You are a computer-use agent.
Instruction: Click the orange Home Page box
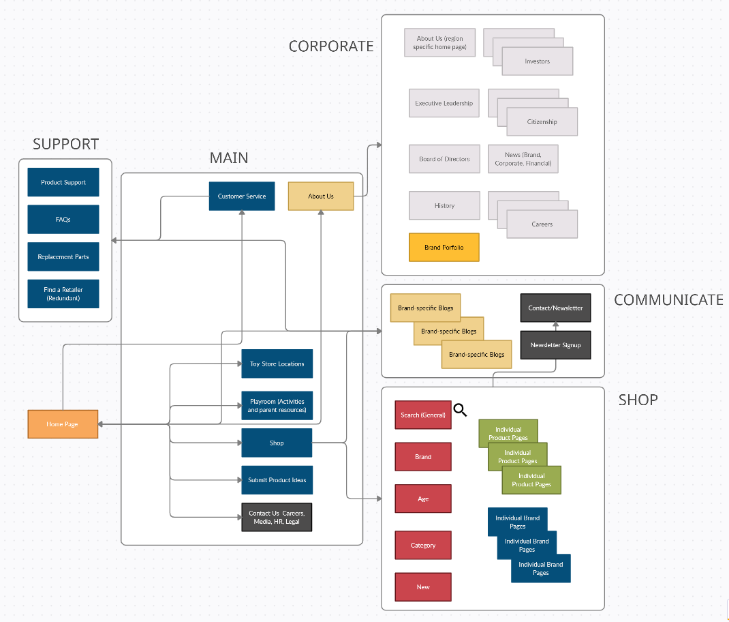point(63,424)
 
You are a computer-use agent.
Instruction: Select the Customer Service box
point(242,196)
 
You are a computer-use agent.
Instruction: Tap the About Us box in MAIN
point(321,196)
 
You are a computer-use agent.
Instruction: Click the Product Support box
point(63,183)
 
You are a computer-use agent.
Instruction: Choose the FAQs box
point(63,220)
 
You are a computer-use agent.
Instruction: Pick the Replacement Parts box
point(63,257)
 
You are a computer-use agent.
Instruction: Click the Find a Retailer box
point(63,294)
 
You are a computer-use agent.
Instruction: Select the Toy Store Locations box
point(277,364)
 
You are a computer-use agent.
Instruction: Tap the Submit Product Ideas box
point(277,480)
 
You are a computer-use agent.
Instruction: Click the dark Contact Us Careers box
point(277,517)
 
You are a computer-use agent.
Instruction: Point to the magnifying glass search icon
point(461,410)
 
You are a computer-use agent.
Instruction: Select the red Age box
point(423,499)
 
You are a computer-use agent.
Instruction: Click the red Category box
point(423,546)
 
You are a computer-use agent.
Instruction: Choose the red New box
point(423,587)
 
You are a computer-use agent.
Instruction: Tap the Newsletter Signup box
point(555,345)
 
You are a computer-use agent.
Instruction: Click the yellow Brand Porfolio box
point(444,248)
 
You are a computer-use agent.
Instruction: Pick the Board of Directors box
point(444,159)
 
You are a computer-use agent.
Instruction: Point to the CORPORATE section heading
point(331,46)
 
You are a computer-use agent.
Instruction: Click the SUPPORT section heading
point(65,145)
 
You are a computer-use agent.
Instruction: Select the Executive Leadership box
point(444,104)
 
